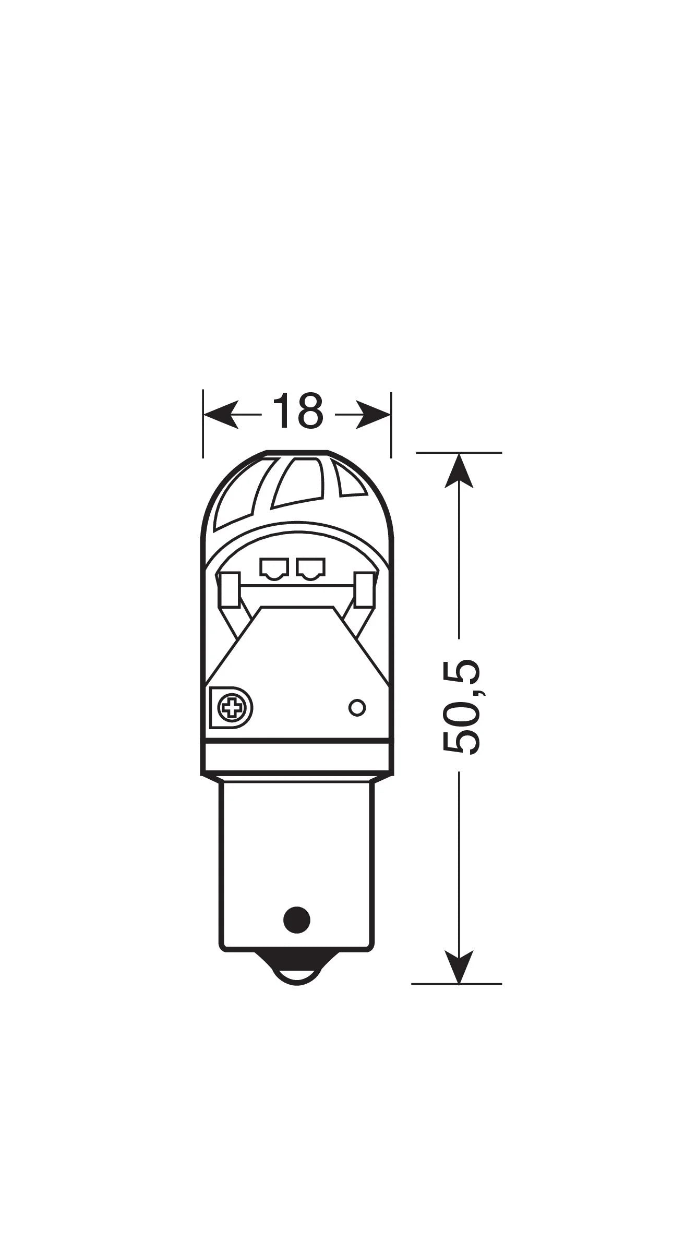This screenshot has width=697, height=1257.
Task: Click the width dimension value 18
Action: tap(297, 411)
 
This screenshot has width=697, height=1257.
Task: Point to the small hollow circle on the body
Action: tap(357, 708)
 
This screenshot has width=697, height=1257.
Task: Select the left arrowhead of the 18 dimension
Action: tap(221, 415)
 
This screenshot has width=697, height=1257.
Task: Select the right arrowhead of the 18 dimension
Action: tap(373, 415)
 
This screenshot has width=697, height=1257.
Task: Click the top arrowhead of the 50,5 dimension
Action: tap(459, 470)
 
